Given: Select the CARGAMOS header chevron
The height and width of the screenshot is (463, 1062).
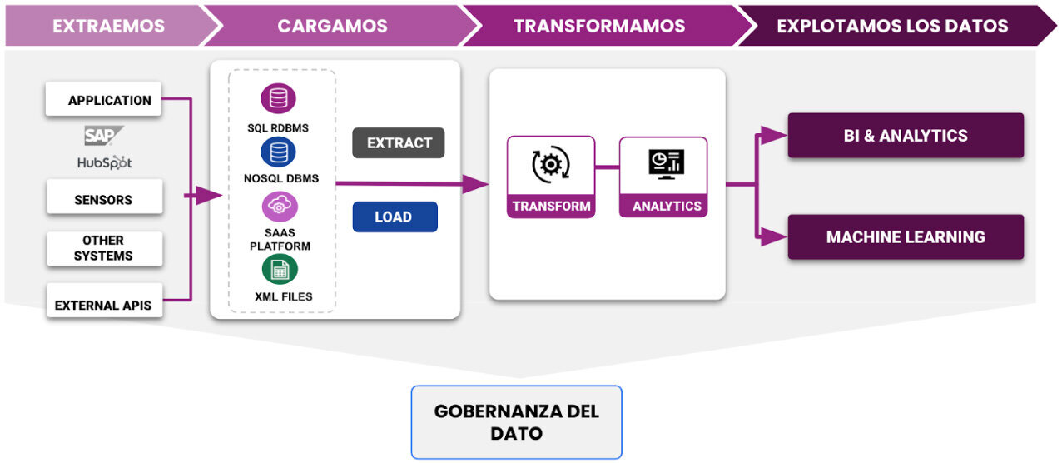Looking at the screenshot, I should click(332, 26).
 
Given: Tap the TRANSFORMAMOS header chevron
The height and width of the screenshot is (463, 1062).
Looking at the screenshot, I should click(599, 26).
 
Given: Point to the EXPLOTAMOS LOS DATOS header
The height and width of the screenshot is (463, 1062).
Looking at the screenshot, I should click(892, 26).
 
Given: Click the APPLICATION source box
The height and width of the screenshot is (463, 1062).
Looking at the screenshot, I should click(103, 100).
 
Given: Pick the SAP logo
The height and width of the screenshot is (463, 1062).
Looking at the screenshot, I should click(104, 136).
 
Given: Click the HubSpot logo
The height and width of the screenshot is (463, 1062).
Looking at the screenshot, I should click(104, 162).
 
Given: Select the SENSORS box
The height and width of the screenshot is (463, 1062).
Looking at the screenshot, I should click(103, 200).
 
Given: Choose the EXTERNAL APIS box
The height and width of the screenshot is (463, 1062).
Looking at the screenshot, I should click(103, 305).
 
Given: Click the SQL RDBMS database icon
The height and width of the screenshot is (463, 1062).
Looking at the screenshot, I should click(278, 98).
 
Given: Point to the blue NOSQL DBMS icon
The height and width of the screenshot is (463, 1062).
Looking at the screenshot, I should click(278, 152).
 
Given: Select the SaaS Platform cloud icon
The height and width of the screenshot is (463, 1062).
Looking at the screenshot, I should click(280, 206).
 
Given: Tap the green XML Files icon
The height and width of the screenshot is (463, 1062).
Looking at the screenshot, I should click(280, 269).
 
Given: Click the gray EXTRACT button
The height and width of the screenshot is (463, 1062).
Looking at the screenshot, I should click(399, 142).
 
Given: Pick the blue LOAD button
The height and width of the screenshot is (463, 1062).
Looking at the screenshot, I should click(395, 217).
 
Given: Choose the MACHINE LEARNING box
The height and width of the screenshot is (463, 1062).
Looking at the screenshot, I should click(906, 236).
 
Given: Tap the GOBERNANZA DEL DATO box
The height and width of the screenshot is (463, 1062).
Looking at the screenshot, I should click(516, 422).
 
